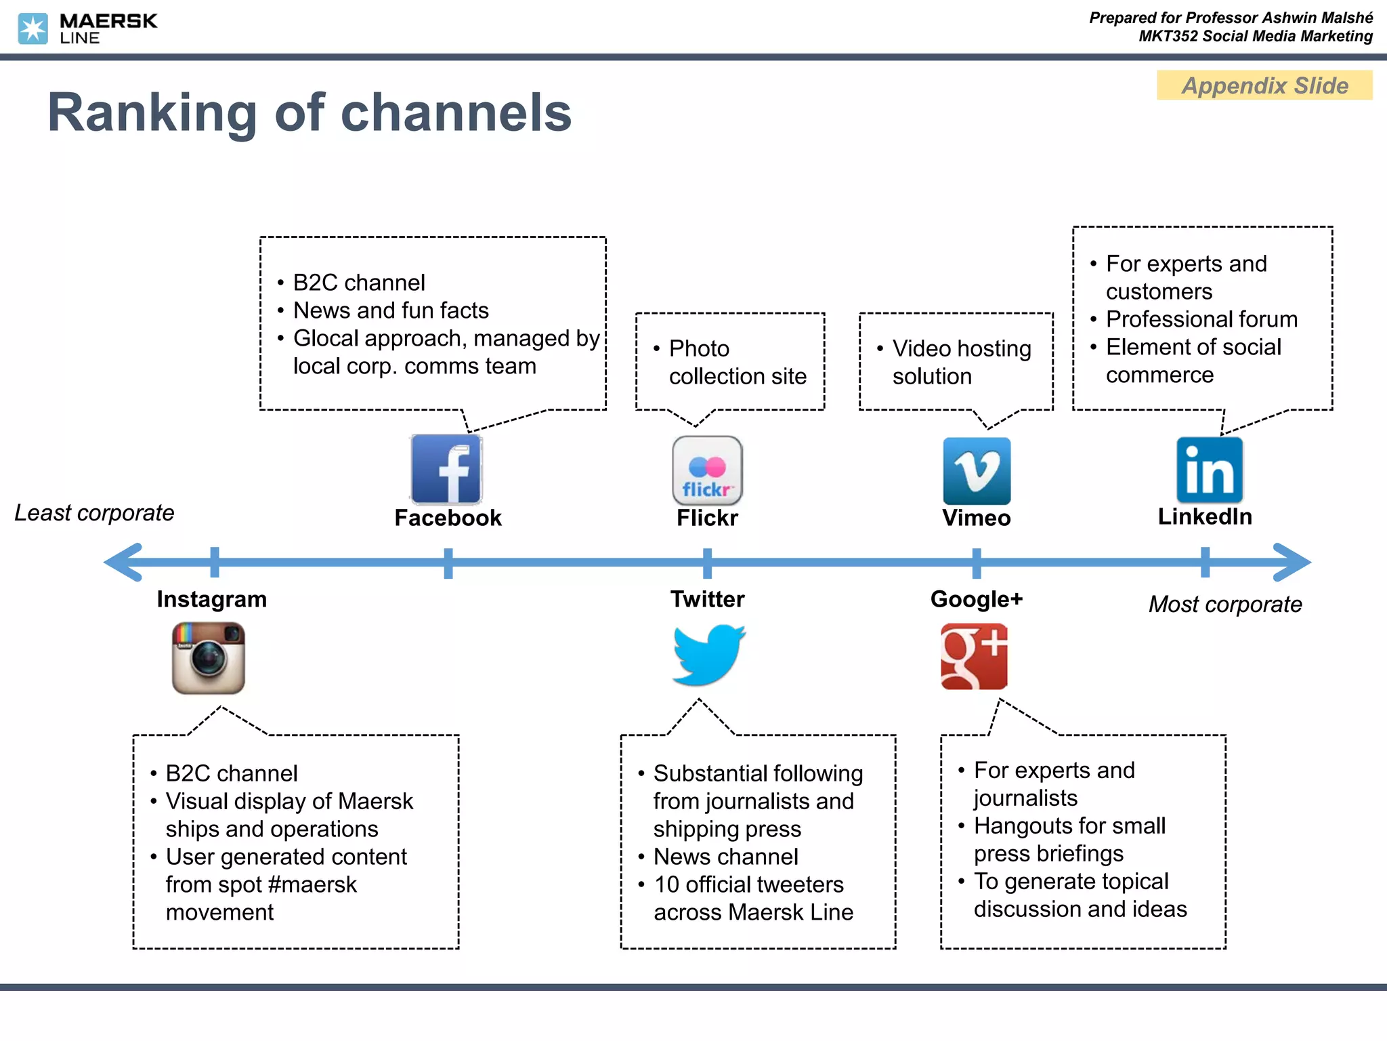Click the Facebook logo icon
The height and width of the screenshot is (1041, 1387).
(x=446, y=469)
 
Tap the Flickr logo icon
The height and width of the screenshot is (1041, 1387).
(x=707, y=470)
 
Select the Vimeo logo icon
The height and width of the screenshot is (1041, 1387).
(x=976, y=470)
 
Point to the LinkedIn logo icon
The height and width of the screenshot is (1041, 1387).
(x=1209, y=470)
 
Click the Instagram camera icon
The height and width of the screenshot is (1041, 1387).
(x=208, y=657)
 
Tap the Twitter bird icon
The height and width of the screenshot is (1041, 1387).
(x=708, y=655)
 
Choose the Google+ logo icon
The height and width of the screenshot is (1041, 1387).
(x=974, y=656)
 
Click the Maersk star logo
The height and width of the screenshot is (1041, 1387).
(x=33, y=28)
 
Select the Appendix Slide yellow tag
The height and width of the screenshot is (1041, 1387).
(x=1264, y=85)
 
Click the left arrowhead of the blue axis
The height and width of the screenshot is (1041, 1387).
(x=124, y=562)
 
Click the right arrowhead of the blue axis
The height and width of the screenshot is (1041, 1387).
(x=1292, y=562)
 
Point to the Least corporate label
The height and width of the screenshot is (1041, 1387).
(x=94, y=513)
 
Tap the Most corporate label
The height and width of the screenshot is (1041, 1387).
(x=1224, y=604)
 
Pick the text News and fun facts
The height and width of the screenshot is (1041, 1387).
(x=391, y=310)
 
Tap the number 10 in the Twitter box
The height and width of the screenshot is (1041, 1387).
(x=666, y=884)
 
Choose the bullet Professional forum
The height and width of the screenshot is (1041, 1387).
(x=1201, y=319)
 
